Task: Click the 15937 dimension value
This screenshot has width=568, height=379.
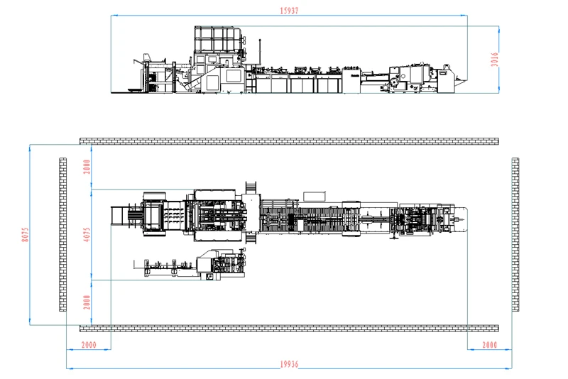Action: coord(289,11)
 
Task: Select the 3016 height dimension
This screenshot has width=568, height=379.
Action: coord(494,60)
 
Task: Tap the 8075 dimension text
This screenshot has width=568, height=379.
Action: coord(25,234)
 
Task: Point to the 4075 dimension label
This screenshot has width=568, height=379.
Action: coord(87,234)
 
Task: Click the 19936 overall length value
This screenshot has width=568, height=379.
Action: coord(289,364)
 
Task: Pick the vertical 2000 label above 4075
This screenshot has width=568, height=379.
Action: coord(87,167)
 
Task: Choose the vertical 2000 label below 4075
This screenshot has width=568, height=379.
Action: coord(87,302)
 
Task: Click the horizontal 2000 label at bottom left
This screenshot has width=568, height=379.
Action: coord(89,345)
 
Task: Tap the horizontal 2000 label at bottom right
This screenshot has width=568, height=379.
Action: coord(489,345)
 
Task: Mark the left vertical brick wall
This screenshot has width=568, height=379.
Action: coord(62,234)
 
